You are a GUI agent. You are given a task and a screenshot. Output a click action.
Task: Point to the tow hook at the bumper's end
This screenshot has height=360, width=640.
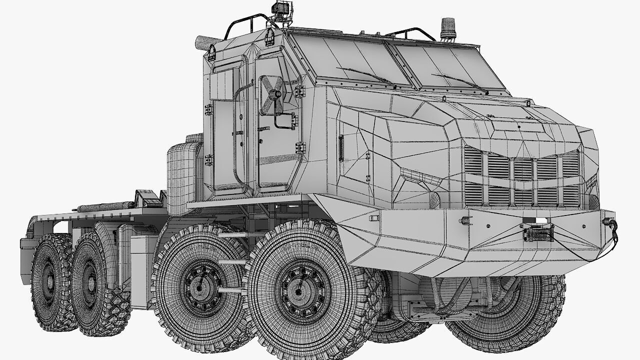[x=610, y=223]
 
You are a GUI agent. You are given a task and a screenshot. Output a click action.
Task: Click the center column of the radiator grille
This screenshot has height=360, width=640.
[x=523, y=180]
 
